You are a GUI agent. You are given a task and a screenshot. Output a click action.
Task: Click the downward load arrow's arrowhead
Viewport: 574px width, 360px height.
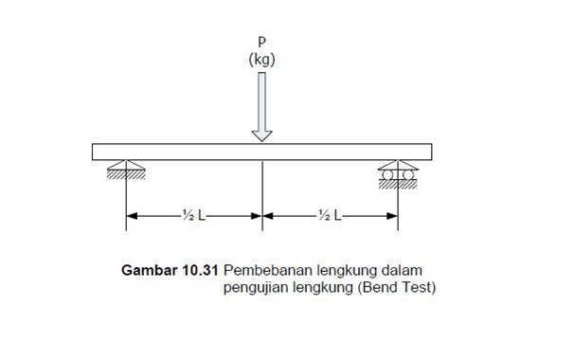tap(262, 135)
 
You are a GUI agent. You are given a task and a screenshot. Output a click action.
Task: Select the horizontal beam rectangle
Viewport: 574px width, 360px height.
tap(189, 152)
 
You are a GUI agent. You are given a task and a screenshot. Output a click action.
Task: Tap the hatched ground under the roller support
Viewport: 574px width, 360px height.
tap(398, 183)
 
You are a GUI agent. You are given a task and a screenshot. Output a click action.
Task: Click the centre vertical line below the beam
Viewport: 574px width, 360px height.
tap(262, 189)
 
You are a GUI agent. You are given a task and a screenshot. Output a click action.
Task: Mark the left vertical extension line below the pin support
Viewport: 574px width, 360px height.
tap(126, 204)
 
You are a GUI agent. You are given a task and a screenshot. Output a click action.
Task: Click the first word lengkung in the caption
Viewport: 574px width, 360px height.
tap(340, 270)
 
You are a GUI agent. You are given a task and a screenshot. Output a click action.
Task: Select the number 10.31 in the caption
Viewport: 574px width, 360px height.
tap(197, 270)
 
